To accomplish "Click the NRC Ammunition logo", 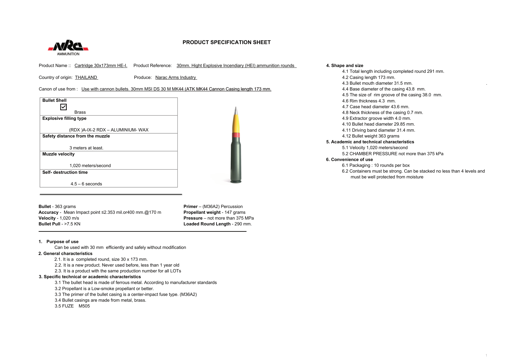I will click(68, 47).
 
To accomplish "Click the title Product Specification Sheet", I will click(226, 42).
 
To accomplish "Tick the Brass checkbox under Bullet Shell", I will click(64, 107).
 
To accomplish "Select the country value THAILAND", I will click(86, 77).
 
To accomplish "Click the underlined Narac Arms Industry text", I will click(176, 77).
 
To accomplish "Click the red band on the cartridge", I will click(236, 135).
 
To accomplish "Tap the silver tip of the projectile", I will click(236, 111).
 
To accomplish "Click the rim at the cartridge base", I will click(236, 182).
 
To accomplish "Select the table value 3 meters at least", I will click(86, 148).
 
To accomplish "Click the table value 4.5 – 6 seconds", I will click(86, 184).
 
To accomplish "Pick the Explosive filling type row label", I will click(64, 118).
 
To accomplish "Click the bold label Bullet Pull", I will click(49, 224).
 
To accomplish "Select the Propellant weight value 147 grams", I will click(235, 212).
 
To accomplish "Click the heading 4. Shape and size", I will click(344, 66).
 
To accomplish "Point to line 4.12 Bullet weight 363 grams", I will click(371, 136).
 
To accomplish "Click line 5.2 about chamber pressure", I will click(392, 154).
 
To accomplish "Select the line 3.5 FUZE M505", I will click(72, 306).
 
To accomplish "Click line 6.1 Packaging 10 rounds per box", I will click(376, 165).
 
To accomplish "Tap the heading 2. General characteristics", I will click(65, 254).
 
